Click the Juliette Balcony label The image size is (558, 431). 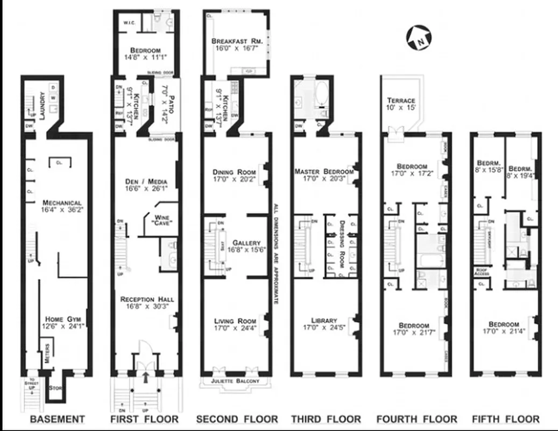236,381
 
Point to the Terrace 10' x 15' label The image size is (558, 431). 401,101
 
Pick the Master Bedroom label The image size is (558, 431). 323,172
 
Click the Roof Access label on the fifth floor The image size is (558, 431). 482,272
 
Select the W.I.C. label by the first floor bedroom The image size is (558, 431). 128,23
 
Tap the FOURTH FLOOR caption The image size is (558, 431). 416,419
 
